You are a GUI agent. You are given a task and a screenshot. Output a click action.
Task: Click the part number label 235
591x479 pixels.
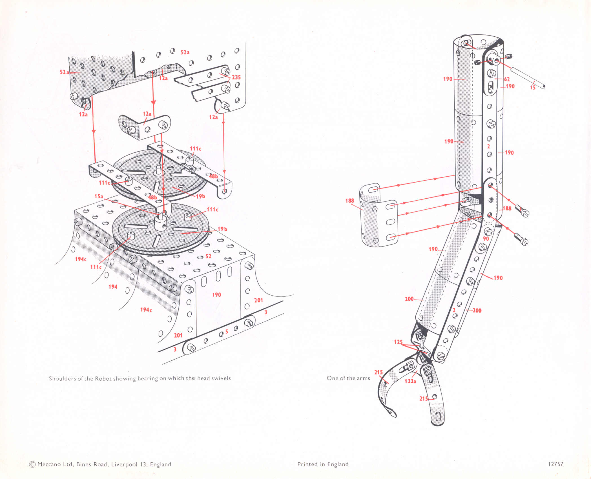pyautogui.click(x=236, y=77)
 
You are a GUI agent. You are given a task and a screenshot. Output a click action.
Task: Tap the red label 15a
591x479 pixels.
pyautogui.click(x=99, y=196)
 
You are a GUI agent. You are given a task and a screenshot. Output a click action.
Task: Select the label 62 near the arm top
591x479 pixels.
pyautogui.click(x=507, y=79)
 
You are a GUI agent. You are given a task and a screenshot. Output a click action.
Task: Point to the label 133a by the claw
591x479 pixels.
pyautogui.click(x=410, y=381)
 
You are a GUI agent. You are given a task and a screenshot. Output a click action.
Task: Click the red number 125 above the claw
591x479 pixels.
pyautogui.click(x=398, y=342)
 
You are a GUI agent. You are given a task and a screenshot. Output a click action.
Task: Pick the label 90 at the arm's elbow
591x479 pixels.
pyautogui.click(x=486, y=239)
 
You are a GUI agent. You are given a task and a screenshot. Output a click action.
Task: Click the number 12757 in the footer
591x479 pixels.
pyautogui.click(x=555, y=464)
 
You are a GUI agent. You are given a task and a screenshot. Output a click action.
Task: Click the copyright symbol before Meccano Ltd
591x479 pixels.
pyautogui.click(x=32, y=464)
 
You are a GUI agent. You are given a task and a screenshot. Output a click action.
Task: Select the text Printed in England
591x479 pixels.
pyautogui.click(x=323, y=464)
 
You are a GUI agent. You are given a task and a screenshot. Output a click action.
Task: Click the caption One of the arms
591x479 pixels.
pyautogui.click(x=348, y=378)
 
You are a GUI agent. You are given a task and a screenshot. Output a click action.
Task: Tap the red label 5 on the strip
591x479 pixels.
pyautogui.click(x=226, y=332)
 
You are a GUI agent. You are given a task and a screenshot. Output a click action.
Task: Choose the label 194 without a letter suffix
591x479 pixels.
pyautogui.click(x=113, y=287)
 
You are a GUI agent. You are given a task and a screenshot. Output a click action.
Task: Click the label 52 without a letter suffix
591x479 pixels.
pyautogui.click(x=208, y=256)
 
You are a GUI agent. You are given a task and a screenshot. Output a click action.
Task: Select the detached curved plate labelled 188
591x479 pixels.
pyautogui.click(x=378, y=217)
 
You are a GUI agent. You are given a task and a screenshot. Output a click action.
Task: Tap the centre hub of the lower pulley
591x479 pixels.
pyautogui.click(x=160, y=223)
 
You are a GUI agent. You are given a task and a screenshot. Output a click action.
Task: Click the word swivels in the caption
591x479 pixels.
pyautogui.click(x=221, y=378)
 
